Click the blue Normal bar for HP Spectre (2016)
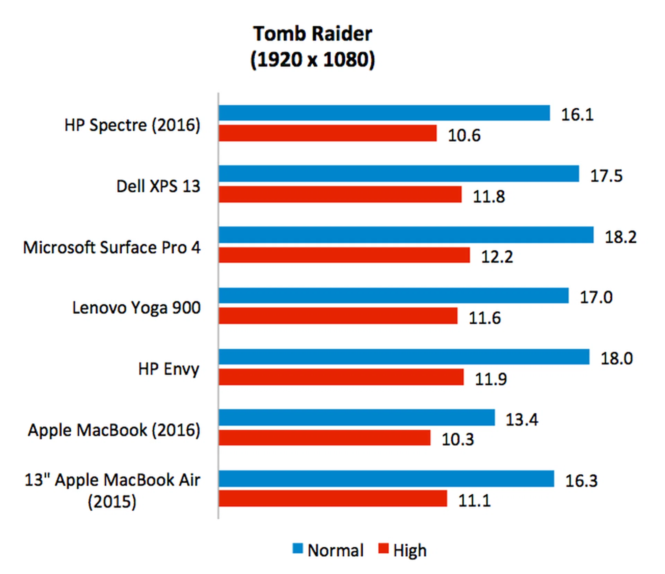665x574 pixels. pos(384,113)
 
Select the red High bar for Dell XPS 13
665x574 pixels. pos(340,194)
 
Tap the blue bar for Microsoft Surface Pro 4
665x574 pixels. pos(406,235)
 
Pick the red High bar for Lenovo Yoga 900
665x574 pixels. pos(338,316)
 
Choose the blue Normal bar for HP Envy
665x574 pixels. pos(404,357)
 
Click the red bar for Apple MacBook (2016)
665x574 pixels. pos(324,438)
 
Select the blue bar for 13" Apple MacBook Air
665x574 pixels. pos(386,478)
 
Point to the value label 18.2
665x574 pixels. pos(620,237)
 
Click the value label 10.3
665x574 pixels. pos(457,439)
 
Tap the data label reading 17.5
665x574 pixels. pos(606,176)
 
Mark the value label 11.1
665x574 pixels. pos(474,501)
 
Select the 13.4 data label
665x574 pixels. pos(522,420)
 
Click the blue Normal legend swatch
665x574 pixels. pos(298,548)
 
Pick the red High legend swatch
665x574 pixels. pos(383,548)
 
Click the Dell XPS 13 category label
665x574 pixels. pos(158,186)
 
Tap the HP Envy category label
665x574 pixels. pos(169,369)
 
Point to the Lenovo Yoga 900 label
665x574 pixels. pos(136,308)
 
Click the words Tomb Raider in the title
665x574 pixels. pos(312,34)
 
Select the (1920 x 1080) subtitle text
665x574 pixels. pos(312,60)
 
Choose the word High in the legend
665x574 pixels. pos(410,550)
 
